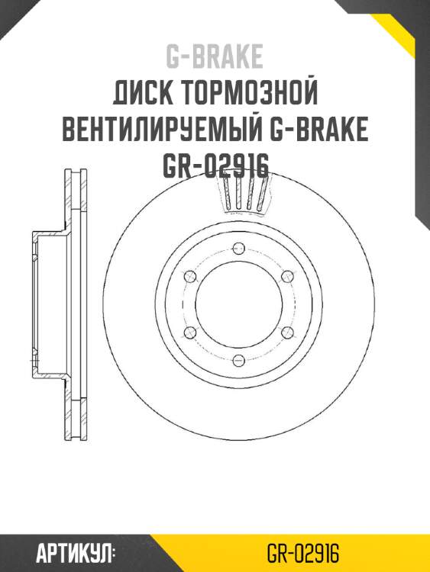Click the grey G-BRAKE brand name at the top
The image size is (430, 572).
pos(215,56)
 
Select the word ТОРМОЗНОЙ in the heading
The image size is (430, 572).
pos(248,95)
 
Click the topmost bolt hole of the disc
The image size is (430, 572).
pos(238,247)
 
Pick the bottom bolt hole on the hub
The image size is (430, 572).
pos(238,360)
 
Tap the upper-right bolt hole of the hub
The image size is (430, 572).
pos(286,275)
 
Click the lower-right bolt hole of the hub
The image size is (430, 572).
pos(286,332)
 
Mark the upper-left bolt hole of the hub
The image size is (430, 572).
pos(189,275)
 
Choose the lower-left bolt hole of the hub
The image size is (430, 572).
pos(189,332)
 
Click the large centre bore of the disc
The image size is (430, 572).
pos(238,304)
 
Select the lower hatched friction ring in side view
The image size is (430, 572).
pos(74,416)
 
